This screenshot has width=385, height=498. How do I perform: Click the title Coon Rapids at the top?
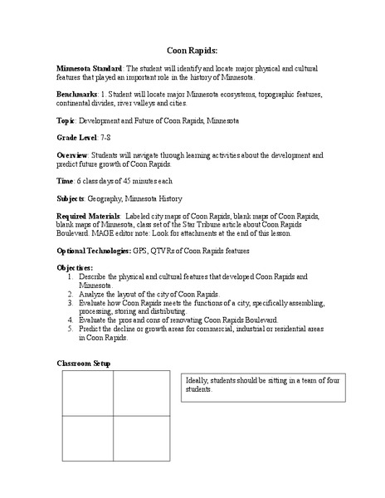[x=192, y=50]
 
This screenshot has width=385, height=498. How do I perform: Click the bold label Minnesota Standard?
[x=89, y=67]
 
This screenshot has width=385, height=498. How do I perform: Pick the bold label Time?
[x=65, y=180]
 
